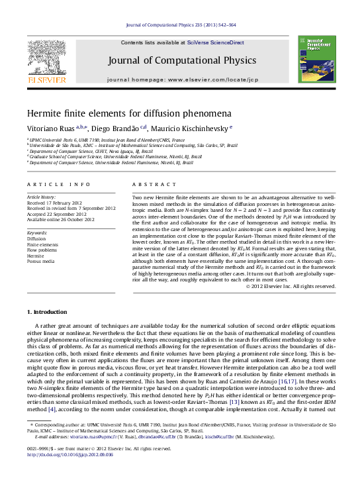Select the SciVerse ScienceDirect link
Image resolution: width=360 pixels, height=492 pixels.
(215, 42)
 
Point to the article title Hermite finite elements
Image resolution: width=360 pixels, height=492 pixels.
(129, 113)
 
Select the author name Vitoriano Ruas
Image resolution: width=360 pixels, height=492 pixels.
(50, 128)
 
